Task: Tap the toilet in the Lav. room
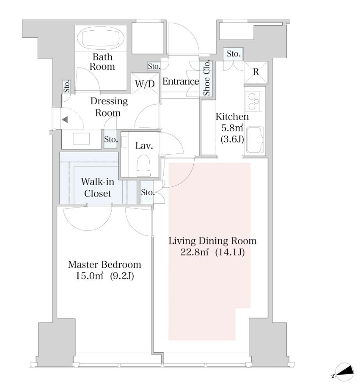pyautogui.click(x=144, y=165)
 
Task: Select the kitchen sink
pyautogui.click(x=255, y=140)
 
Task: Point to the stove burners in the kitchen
pyautogui.click(x=253, y=101)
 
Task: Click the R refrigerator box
pyautogui.click(x=256, y=73)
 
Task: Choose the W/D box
pyautogui.click(x=145, y=84)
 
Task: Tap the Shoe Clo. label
pyautogui.click(x=207, y=78)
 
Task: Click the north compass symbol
pyautogui.click(x=344, y=372)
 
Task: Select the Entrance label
pyautogui.click(x=180, y=81)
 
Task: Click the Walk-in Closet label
pyautogui.click(x=98, y=188)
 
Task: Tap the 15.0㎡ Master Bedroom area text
pyautogui.click(x=89, y=276)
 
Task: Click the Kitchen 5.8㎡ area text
pyautogui.click(x=232, y=128)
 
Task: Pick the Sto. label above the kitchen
pyautogui.click(x=233, y=53)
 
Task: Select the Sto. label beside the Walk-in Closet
pyautogui.click(x=148, y=192)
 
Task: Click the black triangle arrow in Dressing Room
pyautogui.click(x=65, y=120)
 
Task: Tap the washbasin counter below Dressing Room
pyautogui.click(x=81, y=139)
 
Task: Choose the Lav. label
pyautogui.click(x=144, y=145)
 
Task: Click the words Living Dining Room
pyautogui.click(x=212, y=241)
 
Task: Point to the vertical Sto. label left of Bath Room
pyautogui.click(x=66, y=86)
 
